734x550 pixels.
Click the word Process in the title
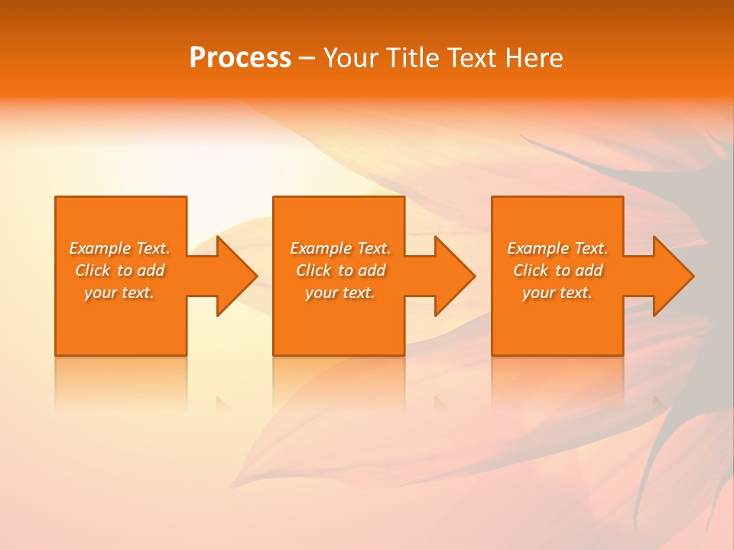click(x=240, y=58)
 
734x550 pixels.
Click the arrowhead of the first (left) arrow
click(x=237, y=276)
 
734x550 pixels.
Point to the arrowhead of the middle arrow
click(x=455, y=276)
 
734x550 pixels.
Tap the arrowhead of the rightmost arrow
click(x=674, y=276)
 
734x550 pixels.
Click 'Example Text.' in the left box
click(x=120, y=248)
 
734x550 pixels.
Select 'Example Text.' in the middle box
click(x=340, y=248)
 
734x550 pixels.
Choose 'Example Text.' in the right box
click(x=557, y=248)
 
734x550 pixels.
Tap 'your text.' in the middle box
click(x=340, y=293)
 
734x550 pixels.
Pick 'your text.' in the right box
click(x=557, y=293)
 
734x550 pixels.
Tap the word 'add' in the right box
click(x=589, y=270)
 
